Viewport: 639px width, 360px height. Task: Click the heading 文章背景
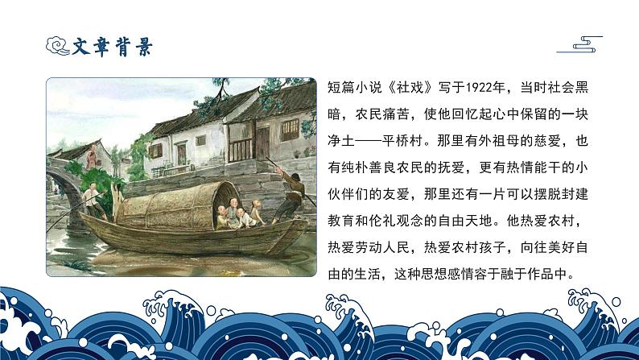113,47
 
